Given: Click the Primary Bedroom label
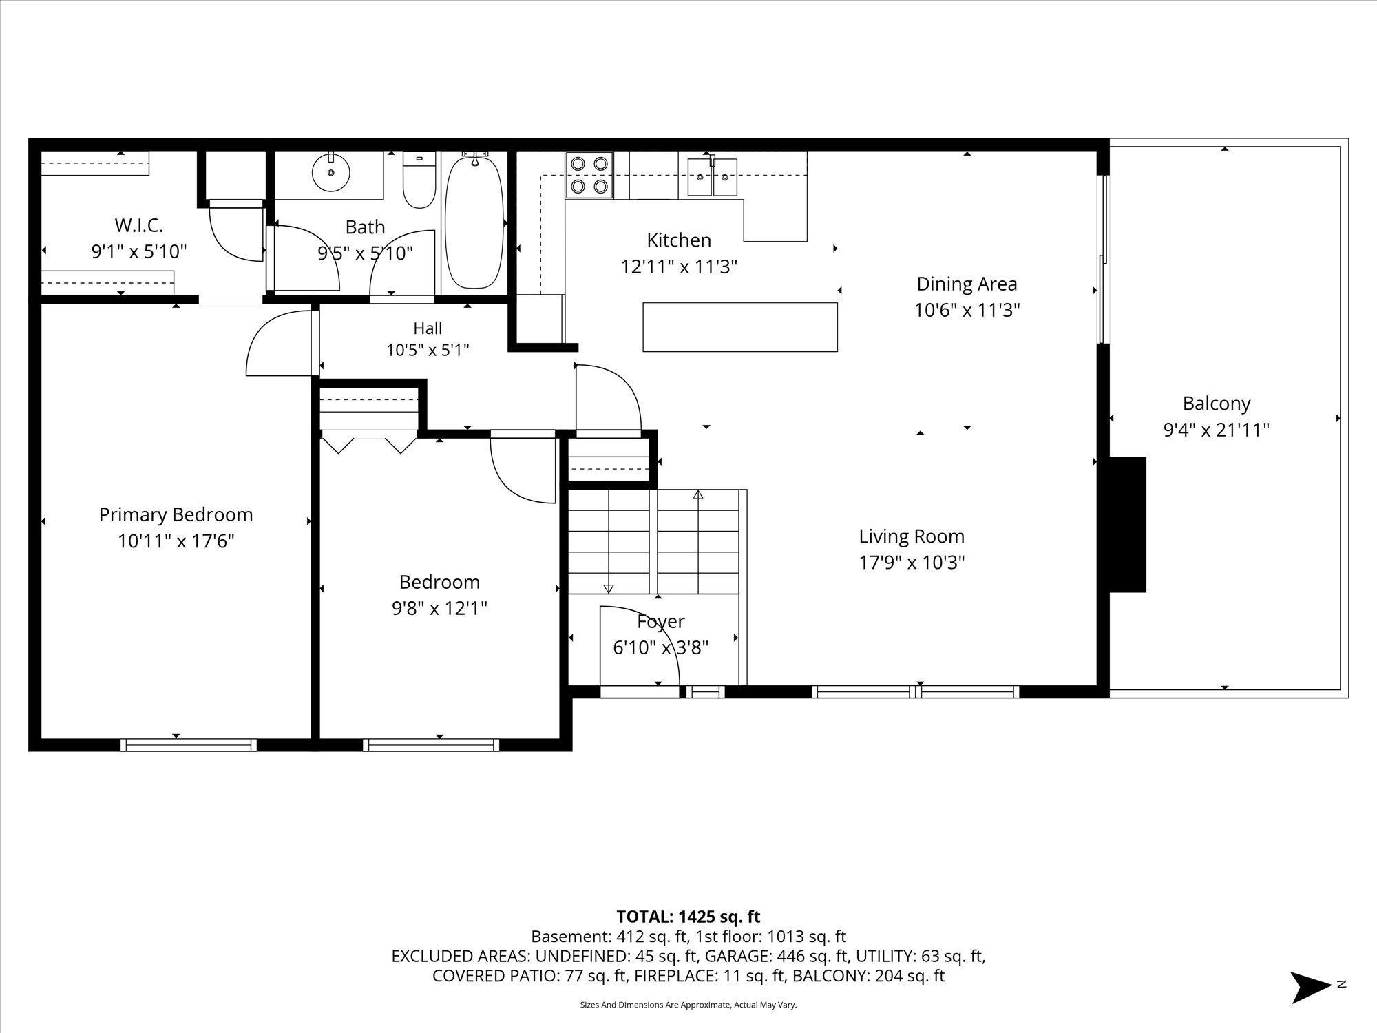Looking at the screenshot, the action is (176, 514).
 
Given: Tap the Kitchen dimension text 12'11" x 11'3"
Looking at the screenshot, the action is (679, 267).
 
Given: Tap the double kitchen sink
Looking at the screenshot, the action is (712, 176).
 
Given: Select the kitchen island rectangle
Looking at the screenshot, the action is (740, 327).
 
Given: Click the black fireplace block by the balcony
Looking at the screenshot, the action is (1126, 524).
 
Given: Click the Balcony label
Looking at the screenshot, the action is (1216, 403).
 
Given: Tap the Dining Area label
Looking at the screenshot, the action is (967, 284).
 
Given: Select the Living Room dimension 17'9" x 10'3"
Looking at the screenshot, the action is (912, 563).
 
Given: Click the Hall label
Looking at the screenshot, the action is (428, 328).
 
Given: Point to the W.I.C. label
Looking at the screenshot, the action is (139, 225).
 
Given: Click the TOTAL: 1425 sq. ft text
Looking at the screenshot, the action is (688, 917).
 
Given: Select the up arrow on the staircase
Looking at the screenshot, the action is (698, 494).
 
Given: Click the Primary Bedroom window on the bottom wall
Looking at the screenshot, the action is (189, 744).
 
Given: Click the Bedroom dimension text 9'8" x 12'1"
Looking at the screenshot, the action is (439, 608).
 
